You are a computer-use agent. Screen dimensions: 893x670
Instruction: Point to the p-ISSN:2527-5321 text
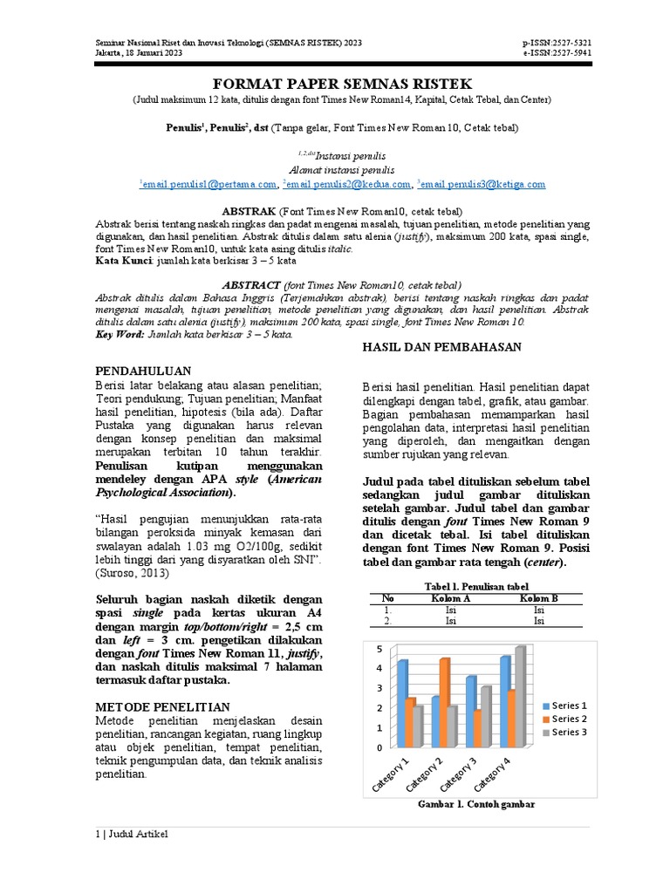(557, 43)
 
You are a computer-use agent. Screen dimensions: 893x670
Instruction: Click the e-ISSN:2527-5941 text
(557, 52)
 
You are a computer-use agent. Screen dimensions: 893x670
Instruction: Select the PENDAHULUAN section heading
(141, 369)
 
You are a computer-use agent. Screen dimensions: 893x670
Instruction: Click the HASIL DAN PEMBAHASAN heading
(441, 347)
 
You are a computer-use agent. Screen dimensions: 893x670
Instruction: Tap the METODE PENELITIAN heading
(162, 706)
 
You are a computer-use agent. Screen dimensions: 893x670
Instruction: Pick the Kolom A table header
(451, 598)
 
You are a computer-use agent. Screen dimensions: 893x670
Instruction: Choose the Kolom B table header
(538, 598)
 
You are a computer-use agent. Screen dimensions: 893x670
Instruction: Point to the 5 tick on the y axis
(379, 650)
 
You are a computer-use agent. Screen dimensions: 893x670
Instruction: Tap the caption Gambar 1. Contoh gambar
(476, 804)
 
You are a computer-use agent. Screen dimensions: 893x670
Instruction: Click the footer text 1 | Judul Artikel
(131, 835)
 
